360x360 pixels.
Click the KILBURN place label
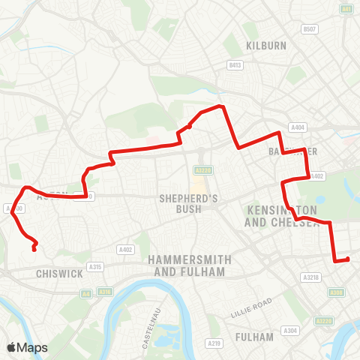(265, 46)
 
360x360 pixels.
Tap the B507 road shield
(309, 29)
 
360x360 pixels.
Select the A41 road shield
(346, 9)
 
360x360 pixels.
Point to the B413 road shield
(235, 65)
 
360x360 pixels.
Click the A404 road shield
(298, 127)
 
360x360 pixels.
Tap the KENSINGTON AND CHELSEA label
(281, 216)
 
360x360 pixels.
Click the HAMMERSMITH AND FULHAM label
(187, 265)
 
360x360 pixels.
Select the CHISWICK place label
(59, 274)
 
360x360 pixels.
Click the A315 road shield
(94, 266)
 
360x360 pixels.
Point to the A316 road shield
(105, 292)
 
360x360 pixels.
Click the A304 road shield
(289, 330)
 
